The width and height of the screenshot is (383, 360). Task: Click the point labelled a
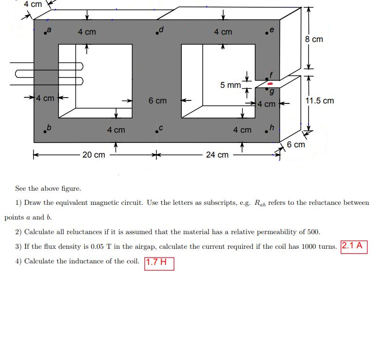(45, 33)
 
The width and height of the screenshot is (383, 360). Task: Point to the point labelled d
(156, 33)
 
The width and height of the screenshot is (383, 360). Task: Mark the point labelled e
(267, 33)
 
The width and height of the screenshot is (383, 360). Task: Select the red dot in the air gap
(269, 84)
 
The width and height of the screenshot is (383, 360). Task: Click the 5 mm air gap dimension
(230, 85)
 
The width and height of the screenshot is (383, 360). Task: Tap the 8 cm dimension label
(314, 39)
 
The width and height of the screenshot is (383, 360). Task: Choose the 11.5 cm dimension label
(320, 101)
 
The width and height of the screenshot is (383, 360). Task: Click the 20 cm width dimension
(94, 155)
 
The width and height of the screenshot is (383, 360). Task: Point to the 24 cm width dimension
(217, 155)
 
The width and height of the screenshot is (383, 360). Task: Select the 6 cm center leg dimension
(157, 101)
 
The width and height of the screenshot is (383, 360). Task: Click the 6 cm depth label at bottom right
(296, 145)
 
